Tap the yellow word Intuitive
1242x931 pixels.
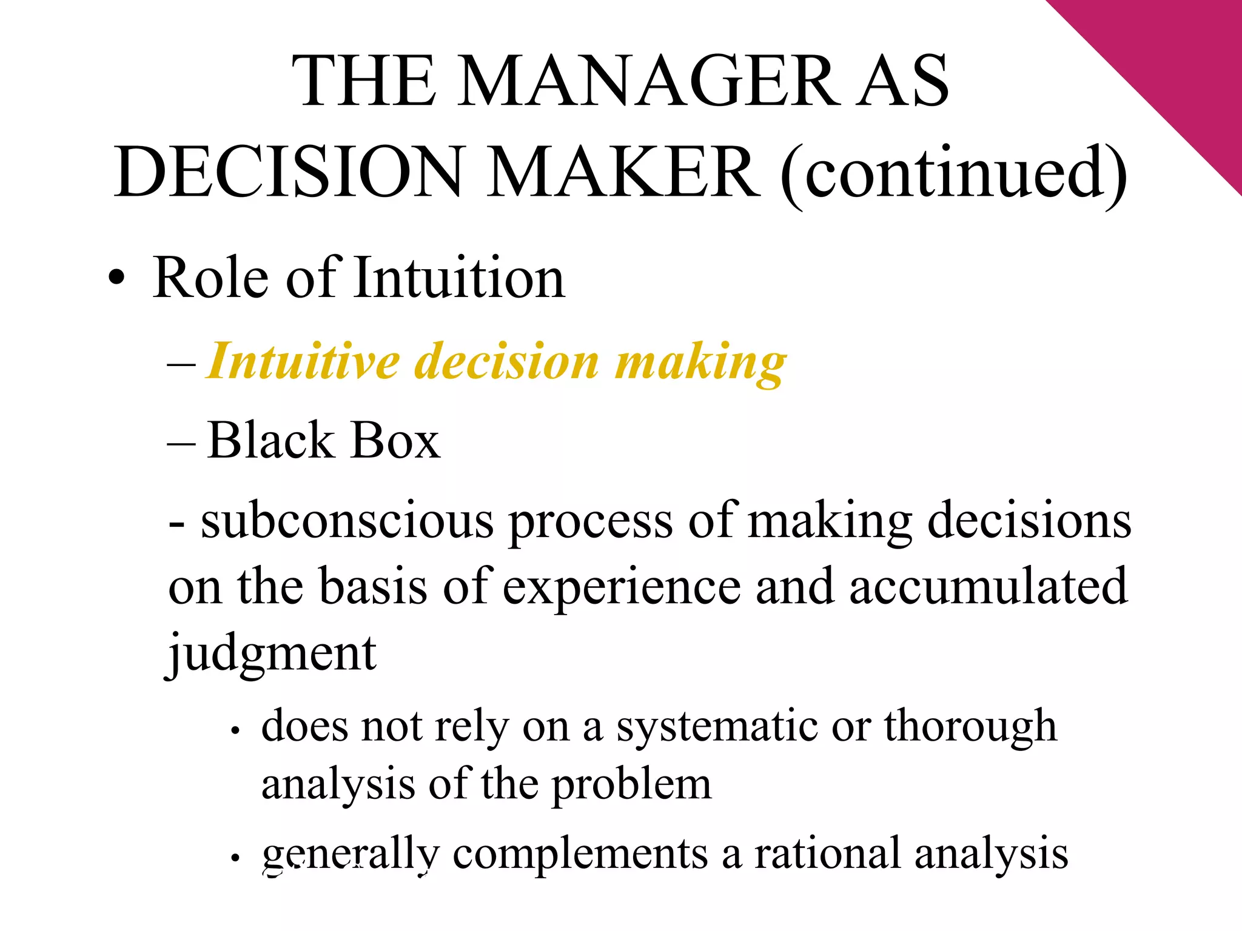point(304,362)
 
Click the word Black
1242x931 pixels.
point(270,441)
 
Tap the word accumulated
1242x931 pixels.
point(988,587)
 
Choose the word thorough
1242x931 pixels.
point(970,727)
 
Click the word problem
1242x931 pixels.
point(631,786)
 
